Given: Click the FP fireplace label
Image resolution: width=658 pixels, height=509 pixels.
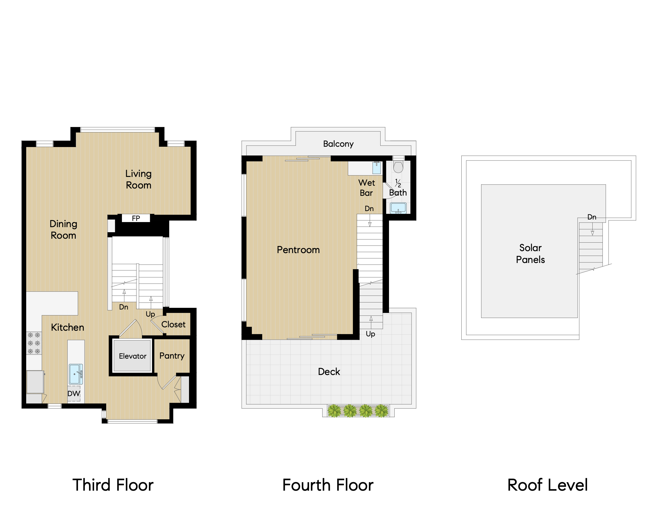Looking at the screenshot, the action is tap(136, 218).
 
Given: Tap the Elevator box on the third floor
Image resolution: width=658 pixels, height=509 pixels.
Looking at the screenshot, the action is tap(133, 356).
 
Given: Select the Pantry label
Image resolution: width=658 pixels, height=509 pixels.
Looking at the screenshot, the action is tap(172, 356).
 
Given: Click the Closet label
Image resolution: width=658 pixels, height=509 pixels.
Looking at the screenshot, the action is tap(173, 324).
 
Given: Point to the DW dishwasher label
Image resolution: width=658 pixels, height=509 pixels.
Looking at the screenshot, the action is tap(74, 393).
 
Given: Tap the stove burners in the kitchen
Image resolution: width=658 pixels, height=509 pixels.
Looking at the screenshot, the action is tap(34, 343).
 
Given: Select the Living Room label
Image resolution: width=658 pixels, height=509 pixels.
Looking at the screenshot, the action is tap(139, 179).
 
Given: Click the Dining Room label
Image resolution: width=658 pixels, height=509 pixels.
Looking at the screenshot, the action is tap(63, 230).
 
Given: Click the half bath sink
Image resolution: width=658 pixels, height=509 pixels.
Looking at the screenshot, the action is tap(398, 208).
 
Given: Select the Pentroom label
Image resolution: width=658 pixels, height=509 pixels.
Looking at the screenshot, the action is tap(298, 250).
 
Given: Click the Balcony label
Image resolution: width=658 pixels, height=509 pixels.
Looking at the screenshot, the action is tap(338, 144).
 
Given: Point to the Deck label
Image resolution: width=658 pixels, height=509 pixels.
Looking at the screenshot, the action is tap(329, 371).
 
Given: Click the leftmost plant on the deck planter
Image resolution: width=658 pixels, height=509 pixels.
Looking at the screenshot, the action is tap(334, 411).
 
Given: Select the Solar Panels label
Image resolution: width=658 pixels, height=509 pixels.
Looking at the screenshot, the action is tap(531, 254).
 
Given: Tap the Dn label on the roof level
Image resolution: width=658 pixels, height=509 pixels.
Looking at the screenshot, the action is tap(592, 217).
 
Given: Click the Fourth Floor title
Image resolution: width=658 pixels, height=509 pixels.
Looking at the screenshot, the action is tap(328, 485).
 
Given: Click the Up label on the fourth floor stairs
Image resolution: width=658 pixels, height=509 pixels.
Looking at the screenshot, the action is tap(370, 334).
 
